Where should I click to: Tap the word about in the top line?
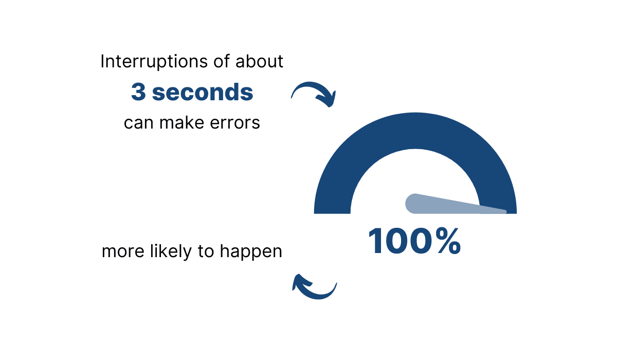(x=259, y=61)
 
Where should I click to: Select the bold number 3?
(x=138, y=92)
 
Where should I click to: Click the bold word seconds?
(x=203, y=92)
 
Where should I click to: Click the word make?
(x=182, y=122)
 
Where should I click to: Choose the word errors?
(x=235, y=123)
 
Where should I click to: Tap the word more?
(x=123, y=252)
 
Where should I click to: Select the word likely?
(x=171, y=251)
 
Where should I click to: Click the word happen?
(x=251, y=252)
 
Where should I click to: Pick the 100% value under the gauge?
(x=414, y=241)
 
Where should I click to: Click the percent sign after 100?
(x=448, y=241)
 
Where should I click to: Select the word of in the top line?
(x=221, y=61)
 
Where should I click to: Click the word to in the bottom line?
(x=206, y=252)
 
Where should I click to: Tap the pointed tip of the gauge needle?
(x=505, y=212)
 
